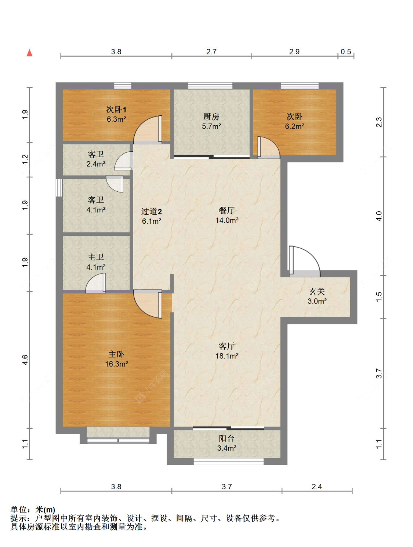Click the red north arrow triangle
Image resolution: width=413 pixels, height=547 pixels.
(30, 53)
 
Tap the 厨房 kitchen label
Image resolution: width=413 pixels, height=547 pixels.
(211, 116)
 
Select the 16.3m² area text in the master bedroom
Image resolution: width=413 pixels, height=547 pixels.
(116, 364)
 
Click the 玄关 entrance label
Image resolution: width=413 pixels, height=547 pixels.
(317, 291)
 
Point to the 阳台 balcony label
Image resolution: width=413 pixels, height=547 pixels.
(227, 438)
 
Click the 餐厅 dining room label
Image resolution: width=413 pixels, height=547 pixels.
(227, 210)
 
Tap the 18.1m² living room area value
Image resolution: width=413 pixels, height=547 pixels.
(227, 356)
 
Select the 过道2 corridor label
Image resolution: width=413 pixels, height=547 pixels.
(151, 212)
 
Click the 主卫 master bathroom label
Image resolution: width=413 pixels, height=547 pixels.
(96, 257)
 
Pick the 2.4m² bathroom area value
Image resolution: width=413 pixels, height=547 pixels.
(96, 164)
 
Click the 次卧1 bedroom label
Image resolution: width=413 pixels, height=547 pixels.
(116, 109)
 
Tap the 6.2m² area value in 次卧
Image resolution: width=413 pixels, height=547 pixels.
(294, 126)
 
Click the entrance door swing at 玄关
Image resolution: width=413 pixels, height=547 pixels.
(304, 262)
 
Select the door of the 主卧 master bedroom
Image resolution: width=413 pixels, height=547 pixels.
(148, 304)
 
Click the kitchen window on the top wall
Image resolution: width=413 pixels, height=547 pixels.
(210, 86)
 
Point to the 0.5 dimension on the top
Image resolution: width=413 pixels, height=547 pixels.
(346, 51)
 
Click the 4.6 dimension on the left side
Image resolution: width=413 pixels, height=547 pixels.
(25, 360)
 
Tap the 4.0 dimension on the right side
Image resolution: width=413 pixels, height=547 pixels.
(378, 216)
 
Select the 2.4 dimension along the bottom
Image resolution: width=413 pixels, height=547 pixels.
(317, 486)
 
